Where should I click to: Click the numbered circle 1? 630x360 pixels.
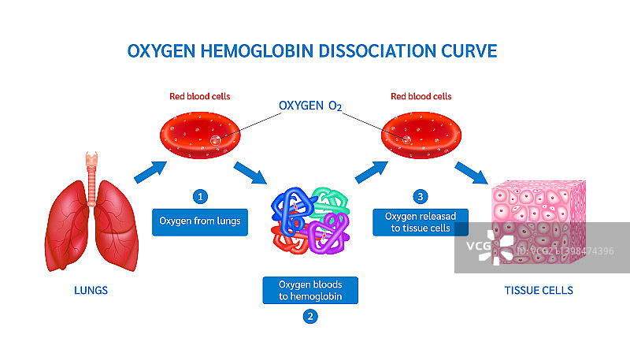tap(202, 195)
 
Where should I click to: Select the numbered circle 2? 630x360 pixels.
tap(311, 317)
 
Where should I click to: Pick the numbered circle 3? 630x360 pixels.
tap(420, 195)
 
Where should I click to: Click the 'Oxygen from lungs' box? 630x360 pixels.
tap(200, 221)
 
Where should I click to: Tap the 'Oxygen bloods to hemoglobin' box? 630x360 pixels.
tap(311, 290)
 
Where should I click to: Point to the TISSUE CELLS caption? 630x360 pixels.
tap(539, 290)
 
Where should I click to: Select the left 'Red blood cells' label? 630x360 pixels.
tap(200, 97)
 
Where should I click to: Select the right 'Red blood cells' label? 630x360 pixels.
tap(421, 97)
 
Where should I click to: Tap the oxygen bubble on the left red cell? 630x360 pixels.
tap(214, 141)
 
